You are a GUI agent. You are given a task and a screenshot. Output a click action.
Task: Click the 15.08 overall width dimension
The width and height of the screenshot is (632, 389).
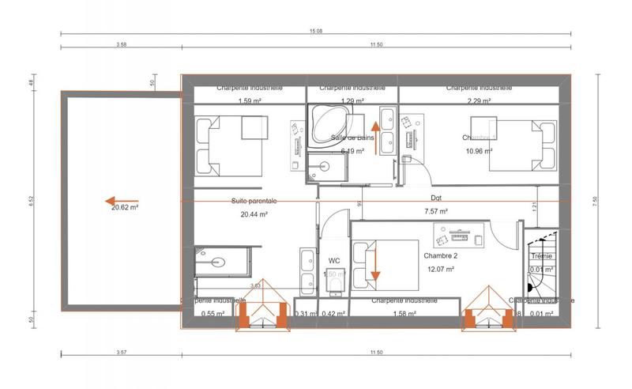(315, 30)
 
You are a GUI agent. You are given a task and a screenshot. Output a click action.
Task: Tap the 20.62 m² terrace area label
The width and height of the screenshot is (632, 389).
(125, 207)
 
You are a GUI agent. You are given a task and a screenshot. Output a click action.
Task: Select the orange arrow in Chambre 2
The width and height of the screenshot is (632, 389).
(376, 264)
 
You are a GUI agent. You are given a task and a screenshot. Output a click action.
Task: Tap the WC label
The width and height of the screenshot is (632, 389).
(334, 260)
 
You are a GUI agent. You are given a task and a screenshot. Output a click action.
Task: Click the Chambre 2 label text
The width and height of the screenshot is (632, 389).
(441, 256)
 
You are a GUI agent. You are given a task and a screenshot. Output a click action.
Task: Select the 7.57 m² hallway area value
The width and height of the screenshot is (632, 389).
(435, 211)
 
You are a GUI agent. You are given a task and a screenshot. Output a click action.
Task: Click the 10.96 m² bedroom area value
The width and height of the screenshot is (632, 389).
(478, 150)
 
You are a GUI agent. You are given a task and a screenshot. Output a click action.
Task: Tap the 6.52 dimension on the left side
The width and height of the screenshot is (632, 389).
(31, 202)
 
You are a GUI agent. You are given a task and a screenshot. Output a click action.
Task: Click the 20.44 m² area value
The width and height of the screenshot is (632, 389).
(254, 213)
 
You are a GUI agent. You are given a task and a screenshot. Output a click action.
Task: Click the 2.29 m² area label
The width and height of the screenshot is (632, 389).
(480, 101)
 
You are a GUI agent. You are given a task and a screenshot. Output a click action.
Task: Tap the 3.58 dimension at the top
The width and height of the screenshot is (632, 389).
(121, 45)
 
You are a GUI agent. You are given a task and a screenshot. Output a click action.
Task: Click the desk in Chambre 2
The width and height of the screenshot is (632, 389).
(457, 235)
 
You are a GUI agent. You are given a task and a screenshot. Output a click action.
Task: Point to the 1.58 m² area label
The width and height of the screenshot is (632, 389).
(404, 314)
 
